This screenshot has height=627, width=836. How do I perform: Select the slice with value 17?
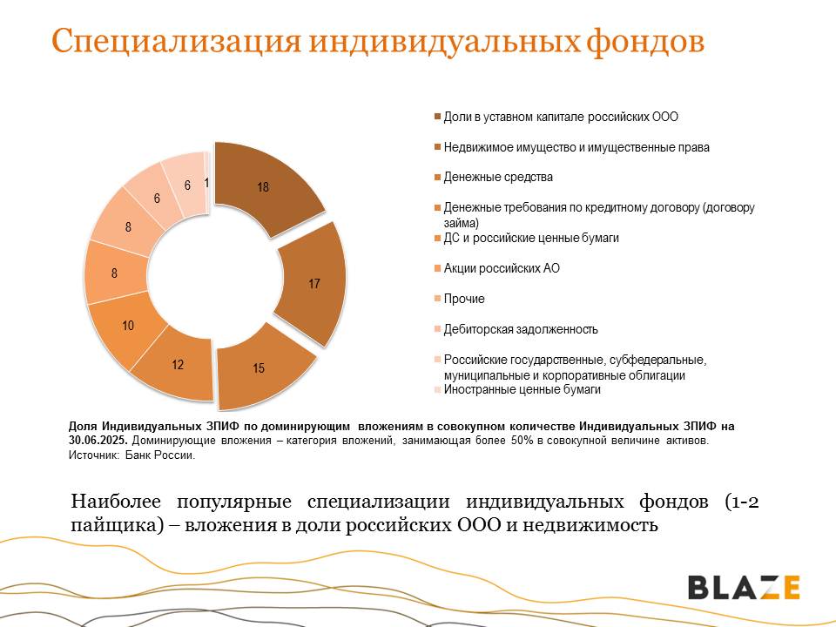[314, 284]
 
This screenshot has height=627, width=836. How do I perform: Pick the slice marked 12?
[177, 365]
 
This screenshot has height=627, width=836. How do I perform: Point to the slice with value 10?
[127, 327]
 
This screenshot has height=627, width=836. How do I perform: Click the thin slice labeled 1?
[207, 183]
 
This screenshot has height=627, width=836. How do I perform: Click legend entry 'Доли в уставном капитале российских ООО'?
[556, 117]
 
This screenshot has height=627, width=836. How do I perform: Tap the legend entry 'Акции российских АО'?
[497, 268]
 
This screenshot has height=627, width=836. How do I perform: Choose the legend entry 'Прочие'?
[460, 299]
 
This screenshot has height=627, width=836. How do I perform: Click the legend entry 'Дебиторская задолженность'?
[516, 329]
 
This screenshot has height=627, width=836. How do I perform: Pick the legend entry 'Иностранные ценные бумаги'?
[517, 390]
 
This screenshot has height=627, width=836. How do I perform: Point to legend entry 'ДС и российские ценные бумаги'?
[527, 238]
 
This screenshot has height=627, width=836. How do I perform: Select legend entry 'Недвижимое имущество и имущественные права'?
[572, 147]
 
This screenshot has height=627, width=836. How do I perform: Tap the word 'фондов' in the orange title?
[645, 41]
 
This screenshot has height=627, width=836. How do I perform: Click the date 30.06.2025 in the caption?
[98, 441]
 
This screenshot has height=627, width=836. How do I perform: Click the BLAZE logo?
[744, 588]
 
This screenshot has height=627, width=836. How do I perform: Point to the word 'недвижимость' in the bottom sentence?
[590, 525]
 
